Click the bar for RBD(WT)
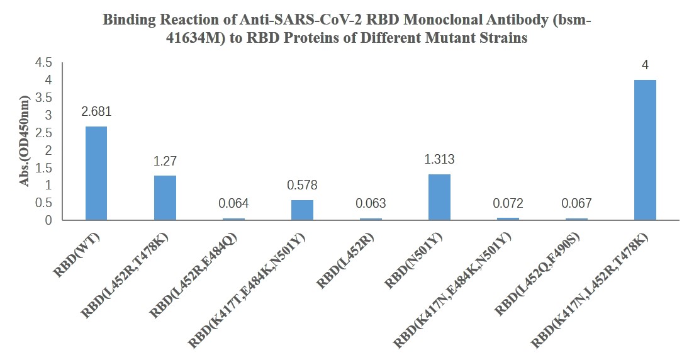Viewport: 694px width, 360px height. [x=96, y=173]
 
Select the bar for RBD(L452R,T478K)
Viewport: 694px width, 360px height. [x=165, y=198]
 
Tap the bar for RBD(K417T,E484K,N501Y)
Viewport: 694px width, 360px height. [x=302, y=210]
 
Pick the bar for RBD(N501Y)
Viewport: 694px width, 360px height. [x=439, y=197]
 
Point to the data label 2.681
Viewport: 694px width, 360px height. [x=96, y=111]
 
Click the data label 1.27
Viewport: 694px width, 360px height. [x=165, y=161]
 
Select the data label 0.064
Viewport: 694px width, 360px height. [x=233, y=203]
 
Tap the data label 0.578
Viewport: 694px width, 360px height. [x=302, y=185]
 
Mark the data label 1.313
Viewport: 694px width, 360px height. [x=439, y=160]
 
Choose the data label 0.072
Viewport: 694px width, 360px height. [x=508, y=203]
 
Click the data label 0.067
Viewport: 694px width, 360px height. [x=576, y=203]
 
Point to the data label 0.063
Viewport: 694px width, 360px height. [x=371, y=203]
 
